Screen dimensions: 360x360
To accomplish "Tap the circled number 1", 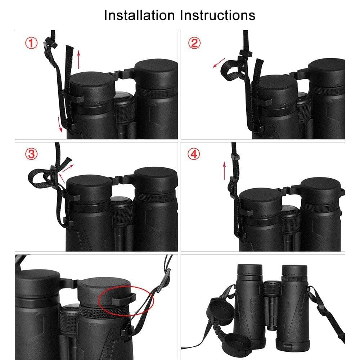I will [31, 43].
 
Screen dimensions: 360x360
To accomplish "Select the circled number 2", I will [194, 43].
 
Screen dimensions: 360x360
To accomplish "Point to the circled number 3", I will [31, 154].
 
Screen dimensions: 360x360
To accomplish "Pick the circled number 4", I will [194, 154].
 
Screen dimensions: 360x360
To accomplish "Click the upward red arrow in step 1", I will [79, 59].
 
